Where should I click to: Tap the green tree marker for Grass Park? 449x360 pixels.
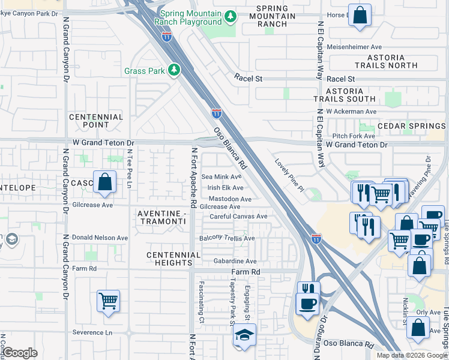pyautogui.click(x=174, y=71)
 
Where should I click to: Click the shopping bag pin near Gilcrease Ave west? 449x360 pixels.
pyautogui.click(x=104, y=182)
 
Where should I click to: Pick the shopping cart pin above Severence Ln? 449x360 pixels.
pyautogui.click(x=108, y=301)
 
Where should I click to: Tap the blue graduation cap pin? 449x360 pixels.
pyautogui.click(x=244, y=335)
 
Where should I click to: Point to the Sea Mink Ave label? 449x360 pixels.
pyautogui.click(x=221, y=177)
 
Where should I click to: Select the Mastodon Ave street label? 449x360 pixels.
pyautogui.click(x=230, y=199)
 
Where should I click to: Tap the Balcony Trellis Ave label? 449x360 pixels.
pyautogui.click(x=228, y=238)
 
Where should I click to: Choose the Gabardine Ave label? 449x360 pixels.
pyautogui.click(x=235, y=262)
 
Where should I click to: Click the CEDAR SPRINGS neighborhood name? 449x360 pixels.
pyautogui.click(x=412, y=127)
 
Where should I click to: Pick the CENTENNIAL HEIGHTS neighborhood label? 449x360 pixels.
pyautogui.click(x=173, y=259)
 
